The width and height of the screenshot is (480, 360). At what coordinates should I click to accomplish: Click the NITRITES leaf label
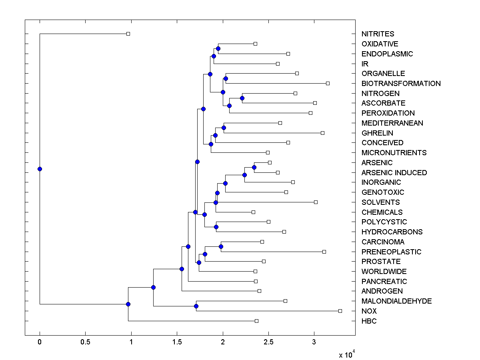pos(378,34)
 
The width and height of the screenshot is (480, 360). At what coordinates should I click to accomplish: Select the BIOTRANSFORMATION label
pos(401,84)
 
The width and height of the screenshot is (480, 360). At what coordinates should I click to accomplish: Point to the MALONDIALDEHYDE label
pos(396,301)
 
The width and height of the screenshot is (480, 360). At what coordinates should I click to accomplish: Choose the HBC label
pos(369,321)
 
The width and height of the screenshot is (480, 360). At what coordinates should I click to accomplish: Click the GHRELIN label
pos(377,133)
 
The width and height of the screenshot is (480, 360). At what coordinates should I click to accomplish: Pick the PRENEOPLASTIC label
pos(391,252)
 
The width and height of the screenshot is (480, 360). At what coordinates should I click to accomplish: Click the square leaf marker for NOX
pos(340,311)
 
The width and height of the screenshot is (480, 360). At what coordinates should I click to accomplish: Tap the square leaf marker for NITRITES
pos(128,34)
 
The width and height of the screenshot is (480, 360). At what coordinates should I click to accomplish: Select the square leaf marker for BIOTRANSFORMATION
pos(328,83)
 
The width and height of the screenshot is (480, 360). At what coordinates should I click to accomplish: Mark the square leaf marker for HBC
pos(256,321)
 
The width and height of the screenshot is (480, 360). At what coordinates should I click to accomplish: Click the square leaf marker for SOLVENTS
pos(316,202)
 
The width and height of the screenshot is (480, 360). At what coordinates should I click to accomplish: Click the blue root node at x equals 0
pos(40,169)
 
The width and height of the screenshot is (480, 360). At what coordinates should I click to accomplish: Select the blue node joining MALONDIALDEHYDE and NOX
pos(196,306)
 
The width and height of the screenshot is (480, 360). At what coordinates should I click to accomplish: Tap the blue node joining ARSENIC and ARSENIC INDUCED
pos(254,167)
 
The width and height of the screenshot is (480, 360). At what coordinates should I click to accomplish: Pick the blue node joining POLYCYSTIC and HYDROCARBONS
pos(216,227)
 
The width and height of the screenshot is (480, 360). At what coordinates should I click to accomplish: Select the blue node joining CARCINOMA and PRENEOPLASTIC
pos(221,246)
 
